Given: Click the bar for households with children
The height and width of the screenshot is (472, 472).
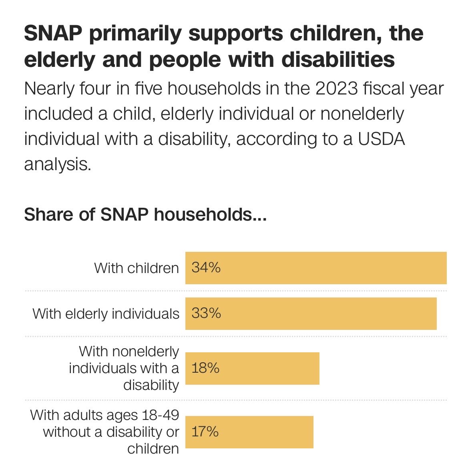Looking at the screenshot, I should pos(315,268).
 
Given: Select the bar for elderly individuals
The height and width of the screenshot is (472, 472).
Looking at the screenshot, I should pos(311,313).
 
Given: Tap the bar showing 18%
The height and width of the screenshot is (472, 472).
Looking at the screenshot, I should pos(252,368).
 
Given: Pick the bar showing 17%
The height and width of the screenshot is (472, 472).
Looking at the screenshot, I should pos(249,432).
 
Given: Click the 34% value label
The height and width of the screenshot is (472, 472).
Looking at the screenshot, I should pos(206,268).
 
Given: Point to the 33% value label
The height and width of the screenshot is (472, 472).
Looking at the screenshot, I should pos(206,313).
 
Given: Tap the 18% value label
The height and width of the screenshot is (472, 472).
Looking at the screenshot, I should pos(205,368).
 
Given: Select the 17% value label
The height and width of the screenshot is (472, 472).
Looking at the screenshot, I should pos(205,432).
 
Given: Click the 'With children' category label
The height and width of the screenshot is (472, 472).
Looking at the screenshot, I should pos(136,268).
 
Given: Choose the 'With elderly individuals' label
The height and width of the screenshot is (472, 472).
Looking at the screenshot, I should pos(106,314).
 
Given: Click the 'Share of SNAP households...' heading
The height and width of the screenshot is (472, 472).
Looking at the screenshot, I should pos(145,215).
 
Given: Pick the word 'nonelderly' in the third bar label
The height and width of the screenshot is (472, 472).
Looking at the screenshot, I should pos(146,351).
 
